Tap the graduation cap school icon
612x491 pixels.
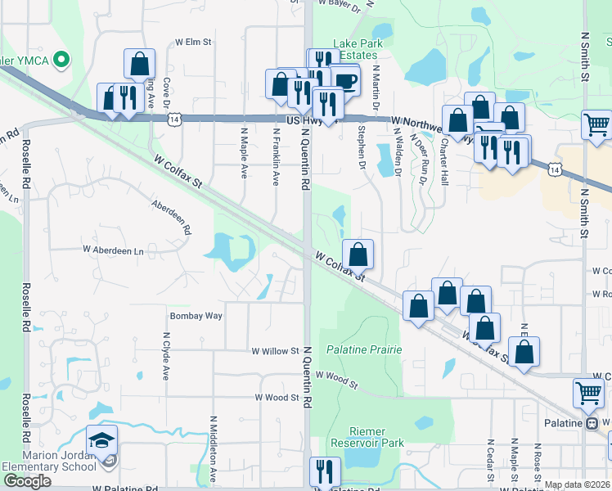point(102,440)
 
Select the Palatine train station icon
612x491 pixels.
point(590,423)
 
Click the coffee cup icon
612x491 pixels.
point(344,80)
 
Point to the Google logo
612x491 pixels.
point(27,481)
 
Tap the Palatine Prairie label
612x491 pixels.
point(364,349)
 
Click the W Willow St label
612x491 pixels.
point(275,351)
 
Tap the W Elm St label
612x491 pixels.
point(193,41)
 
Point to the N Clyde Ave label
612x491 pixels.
point(165,355)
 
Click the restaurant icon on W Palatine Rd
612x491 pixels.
point(324,472)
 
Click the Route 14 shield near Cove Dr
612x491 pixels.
point(174,119)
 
